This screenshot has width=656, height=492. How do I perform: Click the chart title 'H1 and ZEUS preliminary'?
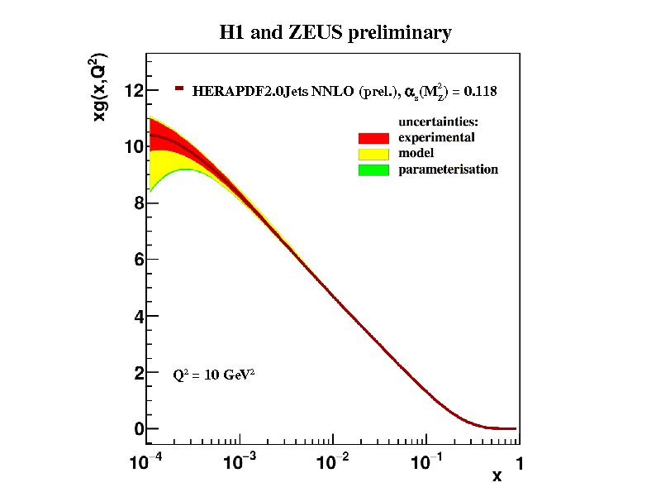point(335,33)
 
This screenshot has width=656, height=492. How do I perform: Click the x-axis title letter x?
point(497,475)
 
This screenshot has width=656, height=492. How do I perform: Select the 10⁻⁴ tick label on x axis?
point(145,463)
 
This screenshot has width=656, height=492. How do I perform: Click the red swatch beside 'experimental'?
point(373,137)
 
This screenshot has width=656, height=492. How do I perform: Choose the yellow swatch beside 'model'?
point(373,154)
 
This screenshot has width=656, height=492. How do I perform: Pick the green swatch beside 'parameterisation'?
point(373,170)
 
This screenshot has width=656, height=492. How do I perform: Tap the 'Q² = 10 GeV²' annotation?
point(213,374)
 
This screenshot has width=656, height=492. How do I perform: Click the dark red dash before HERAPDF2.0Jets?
point(178,88)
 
